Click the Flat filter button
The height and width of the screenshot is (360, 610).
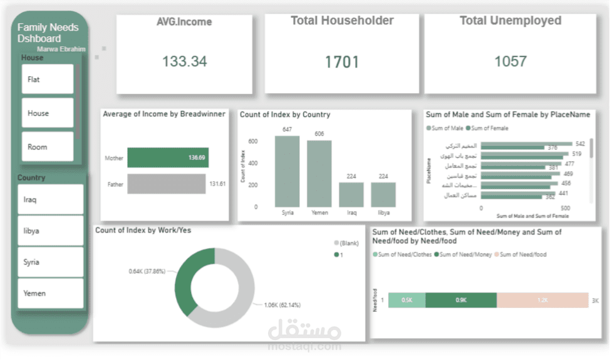[48, 80]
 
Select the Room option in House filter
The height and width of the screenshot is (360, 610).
[48, 147]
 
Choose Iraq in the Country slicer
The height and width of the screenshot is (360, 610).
[50, 199]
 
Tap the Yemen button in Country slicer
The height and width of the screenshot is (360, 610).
[50, 293]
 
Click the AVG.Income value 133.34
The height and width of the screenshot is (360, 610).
[184, 61]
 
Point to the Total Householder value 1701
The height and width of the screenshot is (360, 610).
[342, 62]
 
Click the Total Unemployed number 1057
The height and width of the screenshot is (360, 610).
[510, 61]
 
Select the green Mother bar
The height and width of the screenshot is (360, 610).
[167, 158]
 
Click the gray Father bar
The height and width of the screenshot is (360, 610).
[166, 184]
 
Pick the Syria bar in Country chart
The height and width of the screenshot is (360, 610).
[287, 171]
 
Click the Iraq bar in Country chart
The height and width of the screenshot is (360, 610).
[351, 194]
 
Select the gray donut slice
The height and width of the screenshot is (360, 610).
[241, 294]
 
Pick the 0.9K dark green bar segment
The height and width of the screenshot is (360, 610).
[460, 300]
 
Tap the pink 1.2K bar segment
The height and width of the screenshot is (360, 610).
[542, 300]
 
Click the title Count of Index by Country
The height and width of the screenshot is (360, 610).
[285, 115]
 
